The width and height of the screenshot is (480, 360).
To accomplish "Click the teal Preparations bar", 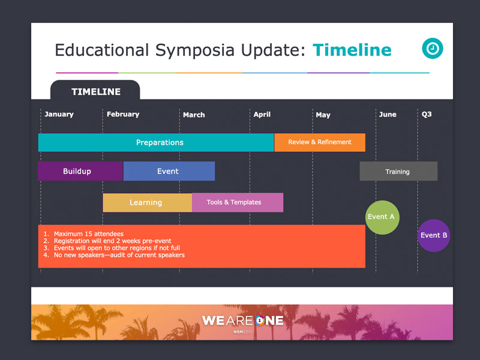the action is [x=156, y=142].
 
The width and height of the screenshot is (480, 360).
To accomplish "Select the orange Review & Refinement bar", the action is [x=320, y=142].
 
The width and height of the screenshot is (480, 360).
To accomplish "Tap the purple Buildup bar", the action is [x=80, y=171].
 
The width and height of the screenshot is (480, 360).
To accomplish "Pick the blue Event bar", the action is [x=169, y=171].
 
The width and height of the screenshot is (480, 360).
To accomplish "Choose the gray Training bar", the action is [x=398, y=171].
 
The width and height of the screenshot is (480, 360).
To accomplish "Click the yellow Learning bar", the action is [x=148, y=202].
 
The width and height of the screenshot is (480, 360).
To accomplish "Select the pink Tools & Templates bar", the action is [x=238, y=202].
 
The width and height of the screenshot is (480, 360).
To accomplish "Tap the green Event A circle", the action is [x=382, y=217].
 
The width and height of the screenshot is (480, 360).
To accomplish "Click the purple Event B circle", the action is [x=434, y=235].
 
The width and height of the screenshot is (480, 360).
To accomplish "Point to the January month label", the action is [x=59, y=114].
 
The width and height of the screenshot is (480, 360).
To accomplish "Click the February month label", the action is [x=123, y=114].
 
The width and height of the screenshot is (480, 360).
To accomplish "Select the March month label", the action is [x=194, y=115].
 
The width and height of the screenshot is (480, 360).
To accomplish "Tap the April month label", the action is [x=262, y=115].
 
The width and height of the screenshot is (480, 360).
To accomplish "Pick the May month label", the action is [x=323, y=115].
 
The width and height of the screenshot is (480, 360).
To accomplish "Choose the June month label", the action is [x=388, y=115].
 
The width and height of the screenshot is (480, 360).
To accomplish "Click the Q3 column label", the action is [x=427, y=114].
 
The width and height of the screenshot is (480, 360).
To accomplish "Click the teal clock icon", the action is [x=433, y=49].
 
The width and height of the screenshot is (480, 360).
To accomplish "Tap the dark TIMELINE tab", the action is [x=95, y=90].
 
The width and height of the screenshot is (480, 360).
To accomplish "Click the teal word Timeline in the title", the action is [x=352, y=50].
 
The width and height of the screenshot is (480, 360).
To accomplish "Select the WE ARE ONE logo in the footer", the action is [x=243, y=321].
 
